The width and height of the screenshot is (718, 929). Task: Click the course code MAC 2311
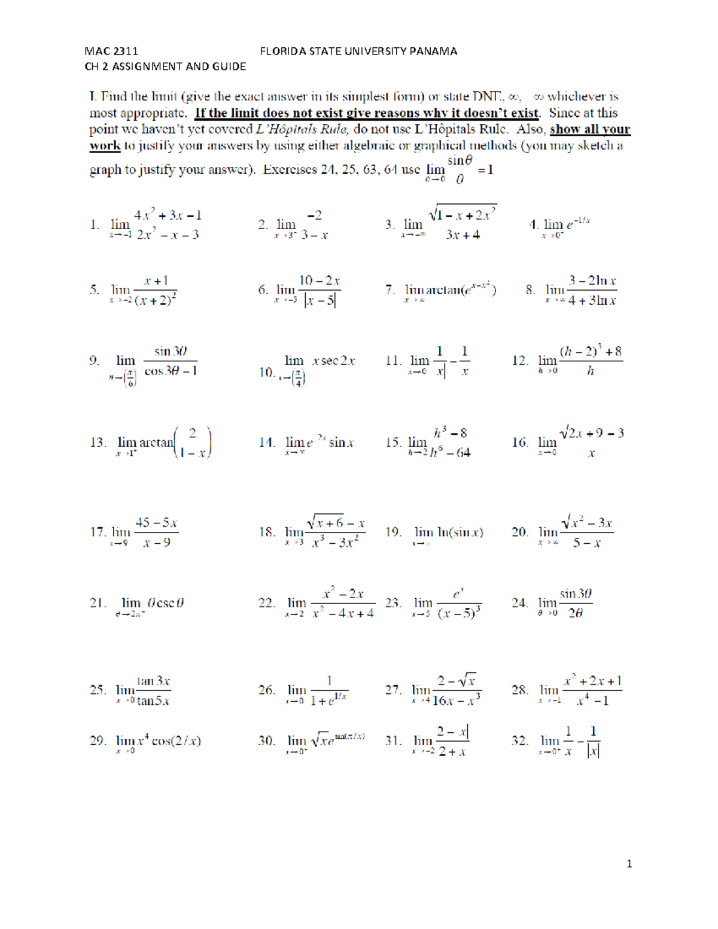(x=111, y=51)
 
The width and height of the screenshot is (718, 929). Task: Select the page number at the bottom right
(x=629, y=863)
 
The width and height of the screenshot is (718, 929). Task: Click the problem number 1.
(x=95, y=225)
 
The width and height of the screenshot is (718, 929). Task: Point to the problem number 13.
(x=98, y=443)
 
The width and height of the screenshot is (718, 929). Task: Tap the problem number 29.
(x=98, y=741)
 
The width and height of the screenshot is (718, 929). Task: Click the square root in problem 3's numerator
(x=463, y=215)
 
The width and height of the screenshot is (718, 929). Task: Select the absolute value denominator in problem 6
(x=320, y=299)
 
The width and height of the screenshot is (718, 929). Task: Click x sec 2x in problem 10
(x=333, y=361)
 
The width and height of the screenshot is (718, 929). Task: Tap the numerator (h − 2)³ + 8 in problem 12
(x=591, y=352)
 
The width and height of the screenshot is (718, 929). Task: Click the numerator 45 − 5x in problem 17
(x=156, y=523)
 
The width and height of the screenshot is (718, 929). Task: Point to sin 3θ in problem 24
(x=576, y=593)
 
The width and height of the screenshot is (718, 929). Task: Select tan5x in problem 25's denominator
(x=153, y=700)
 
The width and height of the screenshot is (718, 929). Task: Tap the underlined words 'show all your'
(x=589, y=129)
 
